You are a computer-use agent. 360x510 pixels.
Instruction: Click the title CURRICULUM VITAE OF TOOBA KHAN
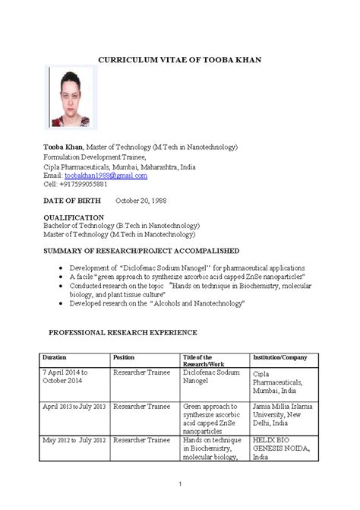coord(179,60)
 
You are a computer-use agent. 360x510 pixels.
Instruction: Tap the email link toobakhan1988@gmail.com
coord(106,175)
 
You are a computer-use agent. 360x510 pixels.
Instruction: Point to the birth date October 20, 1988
coord(141,201)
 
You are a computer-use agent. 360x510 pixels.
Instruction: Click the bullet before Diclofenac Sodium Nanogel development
coord(61,269)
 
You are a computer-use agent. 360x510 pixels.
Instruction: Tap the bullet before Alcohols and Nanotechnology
coord(61,303)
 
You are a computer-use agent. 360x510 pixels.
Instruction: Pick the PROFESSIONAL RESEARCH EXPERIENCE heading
coord(123,333)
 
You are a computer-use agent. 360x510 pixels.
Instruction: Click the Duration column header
coord(55,357)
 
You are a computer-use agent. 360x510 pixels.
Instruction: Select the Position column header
coord(124,357)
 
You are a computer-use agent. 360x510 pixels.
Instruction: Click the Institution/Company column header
coord(280,357)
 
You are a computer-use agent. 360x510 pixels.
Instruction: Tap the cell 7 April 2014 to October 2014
coord(65,377)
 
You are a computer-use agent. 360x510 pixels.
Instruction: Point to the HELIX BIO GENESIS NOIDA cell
coord(285,448)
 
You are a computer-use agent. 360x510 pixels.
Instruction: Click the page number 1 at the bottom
coord(179,485)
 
